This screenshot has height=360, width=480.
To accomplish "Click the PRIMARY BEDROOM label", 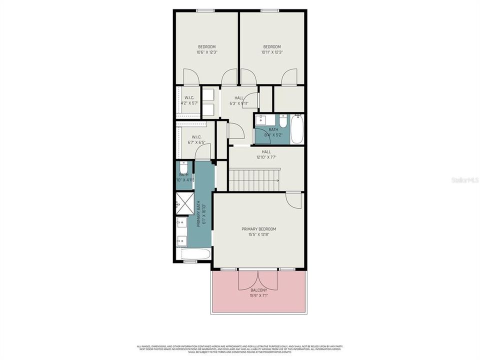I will coord(258,229).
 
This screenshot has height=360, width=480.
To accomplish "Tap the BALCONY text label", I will coord(258,290).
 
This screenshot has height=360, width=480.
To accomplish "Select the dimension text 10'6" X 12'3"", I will coord(206,52).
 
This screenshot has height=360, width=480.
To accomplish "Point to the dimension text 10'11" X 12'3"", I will coord(272,52).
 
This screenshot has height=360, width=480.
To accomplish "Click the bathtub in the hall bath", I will coord(297,129).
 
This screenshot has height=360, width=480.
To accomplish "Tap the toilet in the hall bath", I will coord(283,122).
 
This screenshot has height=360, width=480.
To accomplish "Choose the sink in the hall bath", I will coord(261,120).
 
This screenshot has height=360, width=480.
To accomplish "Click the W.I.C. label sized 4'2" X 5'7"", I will coord(189,100).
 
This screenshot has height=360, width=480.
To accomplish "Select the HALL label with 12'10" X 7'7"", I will coord(266,154).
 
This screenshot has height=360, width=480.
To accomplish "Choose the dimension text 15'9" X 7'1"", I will coord(258,295).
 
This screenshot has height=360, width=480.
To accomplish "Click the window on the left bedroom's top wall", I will coord(205,10).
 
